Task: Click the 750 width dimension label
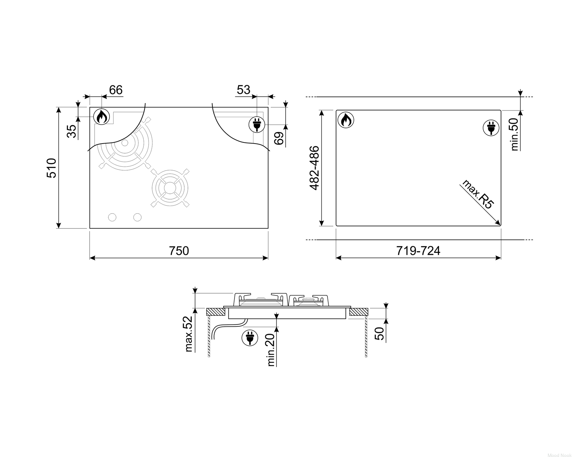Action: pos(179,251)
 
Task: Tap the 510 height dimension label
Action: pos(51,168)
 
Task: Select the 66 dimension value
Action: pos(116,90)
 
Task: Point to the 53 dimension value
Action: pos(243,90)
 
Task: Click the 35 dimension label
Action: pos(72,131)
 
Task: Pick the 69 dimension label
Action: pos(279,138)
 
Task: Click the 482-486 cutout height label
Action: pos(314,168)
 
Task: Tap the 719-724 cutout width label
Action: pos(418,251)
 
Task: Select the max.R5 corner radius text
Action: pos(478,194)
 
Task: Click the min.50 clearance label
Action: pos(514,134)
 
